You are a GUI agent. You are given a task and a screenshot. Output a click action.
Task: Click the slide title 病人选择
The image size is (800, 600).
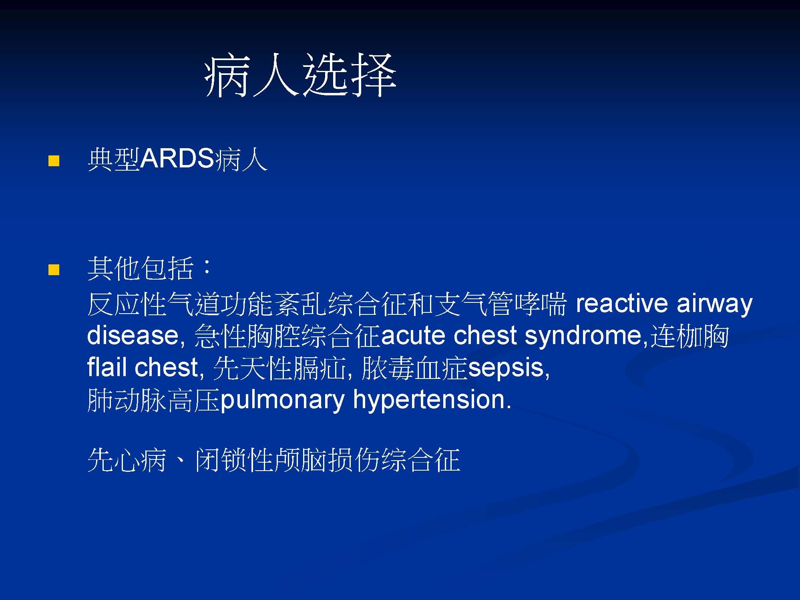300,75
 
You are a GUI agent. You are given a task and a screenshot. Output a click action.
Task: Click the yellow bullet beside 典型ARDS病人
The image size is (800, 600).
54,161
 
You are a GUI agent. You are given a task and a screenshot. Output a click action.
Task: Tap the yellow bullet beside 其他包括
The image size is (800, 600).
54,270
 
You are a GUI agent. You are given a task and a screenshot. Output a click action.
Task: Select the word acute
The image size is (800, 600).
413,336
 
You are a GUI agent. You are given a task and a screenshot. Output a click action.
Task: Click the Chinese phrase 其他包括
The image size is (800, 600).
141,268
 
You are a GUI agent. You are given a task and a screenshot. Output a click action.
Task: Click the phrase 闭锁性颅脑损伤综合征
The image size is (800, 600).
328,460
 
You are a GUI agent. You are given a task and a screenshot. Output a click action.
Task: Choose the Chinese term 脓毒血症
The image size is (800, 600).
414,368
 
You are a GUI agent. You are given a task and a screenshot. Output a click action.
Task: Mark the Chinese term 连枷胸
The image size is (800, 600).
689,336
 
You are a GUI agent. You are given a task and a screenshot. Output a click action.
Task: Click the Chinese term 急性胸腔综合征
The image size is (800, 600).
287,336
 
